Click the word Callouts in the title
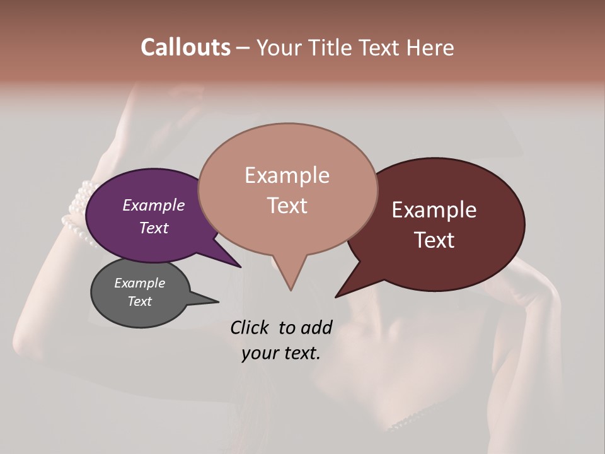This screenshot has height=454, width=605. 185,47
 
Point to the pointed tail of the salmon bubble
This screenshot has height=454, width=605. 291,287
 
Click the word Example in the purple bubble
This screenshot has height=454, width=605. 154,205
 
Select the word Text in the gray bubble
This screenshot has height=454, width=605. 140,301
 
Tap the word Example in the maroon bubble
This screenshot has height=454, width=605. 434,210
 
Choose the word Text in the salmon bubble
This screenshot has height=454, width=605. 287,206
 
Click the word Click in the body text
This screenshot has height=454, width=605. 251,327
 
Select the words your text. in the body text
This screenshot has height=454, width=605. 281,353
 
